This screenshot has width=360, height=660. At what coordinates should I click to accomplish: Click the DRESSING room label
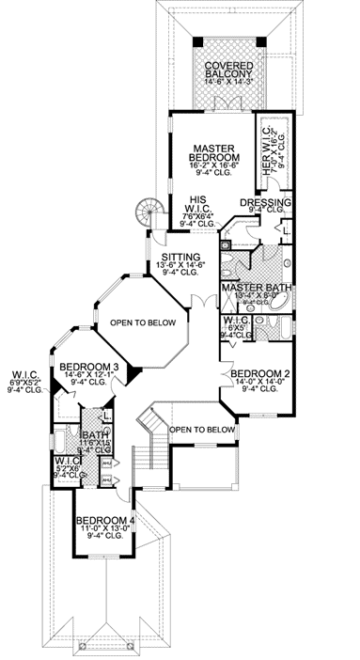coord(265,202)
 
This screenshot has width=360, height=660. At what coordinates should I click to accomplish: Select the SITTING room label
coord(179,257)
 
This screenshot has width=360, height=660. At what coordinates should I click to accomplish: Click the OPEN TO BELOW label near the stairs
coord(202,430)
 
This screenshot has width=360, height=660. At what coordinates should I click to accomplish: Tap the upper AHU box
coord(106,463)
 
